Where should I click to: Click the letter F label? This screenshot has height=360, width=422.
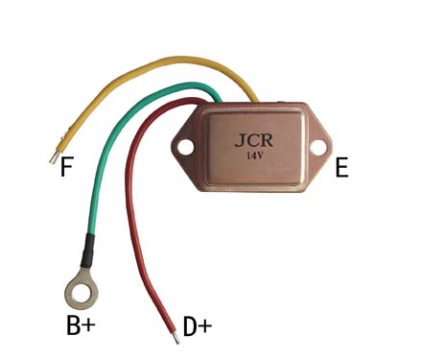(x=67, y=167)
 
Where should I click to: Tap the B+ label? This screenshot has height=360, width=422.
(x=81, y=325)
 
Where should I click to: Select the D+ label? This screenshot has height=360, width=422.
(x=198, y=326)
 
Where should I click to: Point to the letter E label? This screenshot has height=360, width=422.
(x=341, y=167)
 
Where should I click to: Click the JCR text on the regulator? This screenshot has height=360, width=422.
(x=254, y=140)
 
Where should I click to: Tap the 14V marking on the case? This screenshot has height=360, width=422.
(x=254, y=156)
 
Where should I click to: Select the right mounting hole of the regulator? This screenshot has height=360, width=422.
(x=319, y=148)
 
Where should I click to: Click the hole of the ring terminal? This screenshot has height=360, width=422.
(x=82, y=292)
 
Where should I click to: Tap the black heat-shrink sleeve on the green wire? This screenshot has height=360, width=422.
(x=87, y=251)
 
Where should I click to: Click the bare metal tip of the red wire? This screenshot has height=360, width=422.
(x=176, y=338)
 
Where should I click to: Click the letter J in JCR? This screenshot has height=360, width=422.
(x=240, y=141)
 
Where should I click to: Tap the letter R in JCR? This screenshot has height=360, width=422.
(x=267, y=140)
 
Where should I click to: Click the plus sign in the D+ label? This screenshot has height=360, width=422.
(x=205, y=326)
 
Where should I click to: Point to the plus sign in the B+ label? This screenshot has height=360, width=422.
(x=88, y=325)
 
